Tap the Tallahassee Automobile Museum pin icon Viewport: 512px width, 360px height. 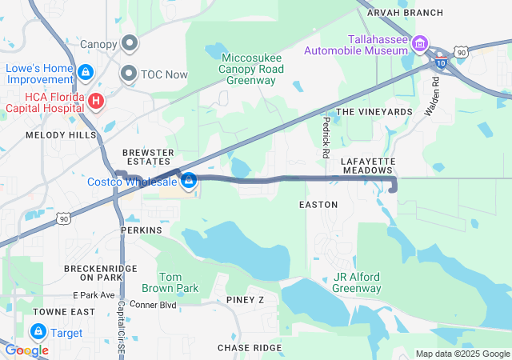421,42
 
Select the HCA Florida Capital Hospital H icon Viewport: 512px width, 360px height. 95,101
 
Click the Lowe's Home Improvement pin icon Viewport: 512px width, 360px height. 84,72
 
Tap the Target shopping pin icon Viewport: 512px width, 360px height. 38,330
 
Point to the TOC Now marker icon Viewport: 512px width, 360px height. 129,74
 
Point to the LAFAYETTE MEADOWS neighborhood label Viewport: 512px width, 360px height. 369,165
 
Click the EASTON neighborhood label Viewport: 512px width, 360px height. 318,205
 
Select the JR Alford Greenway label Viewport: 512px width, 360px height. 357,282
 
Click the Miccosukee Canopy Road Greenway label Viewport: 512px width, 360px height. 253,69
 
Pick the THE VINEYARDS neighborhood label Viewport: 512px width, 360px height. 374,112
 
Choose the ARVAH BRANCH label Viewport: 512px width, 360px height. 404,13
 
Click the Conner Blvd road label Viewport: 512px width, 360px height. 153,305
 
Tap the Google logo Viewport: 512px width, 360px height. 26,350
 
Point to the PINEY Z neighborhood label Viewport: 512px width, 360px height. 245,300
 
